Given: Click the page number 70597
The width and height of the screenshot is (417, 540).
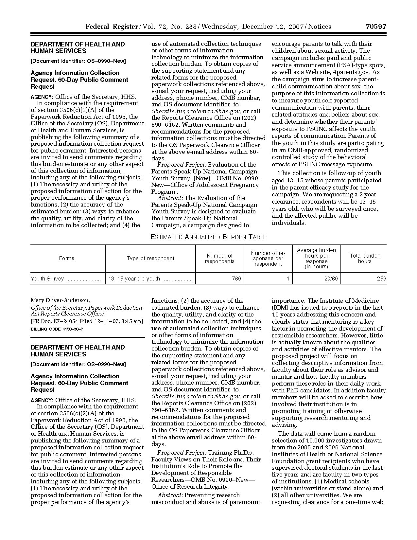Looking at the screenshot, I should click(x=376, y=27).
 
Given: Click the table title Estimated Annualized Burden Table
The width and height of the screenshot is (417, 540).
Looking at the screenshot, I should click(x=208, y=237).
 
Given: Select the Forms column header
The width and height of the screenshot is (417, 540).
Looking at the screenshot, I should click(x=67, y=259).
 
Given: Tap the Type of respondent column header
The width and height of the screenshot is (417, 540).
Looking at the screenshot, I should click(x=150, y=259).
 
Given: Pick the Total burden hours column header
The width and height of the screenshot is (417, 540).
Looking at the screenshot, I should click(x=365, y=259).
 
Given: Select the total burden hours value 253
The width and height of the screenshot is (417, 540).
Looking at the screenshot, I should click(x=381, y=279).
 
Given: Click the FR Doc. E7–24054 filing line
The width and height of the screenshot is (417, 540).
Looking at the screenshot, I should click(x=87, y=321).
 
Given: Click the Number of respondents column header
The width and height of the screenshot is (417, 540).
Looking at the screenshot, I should click(x=219, y=259).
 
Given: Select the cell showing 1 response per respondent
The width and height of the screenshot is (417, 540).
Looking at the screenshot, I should click(x=287, y=279).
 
